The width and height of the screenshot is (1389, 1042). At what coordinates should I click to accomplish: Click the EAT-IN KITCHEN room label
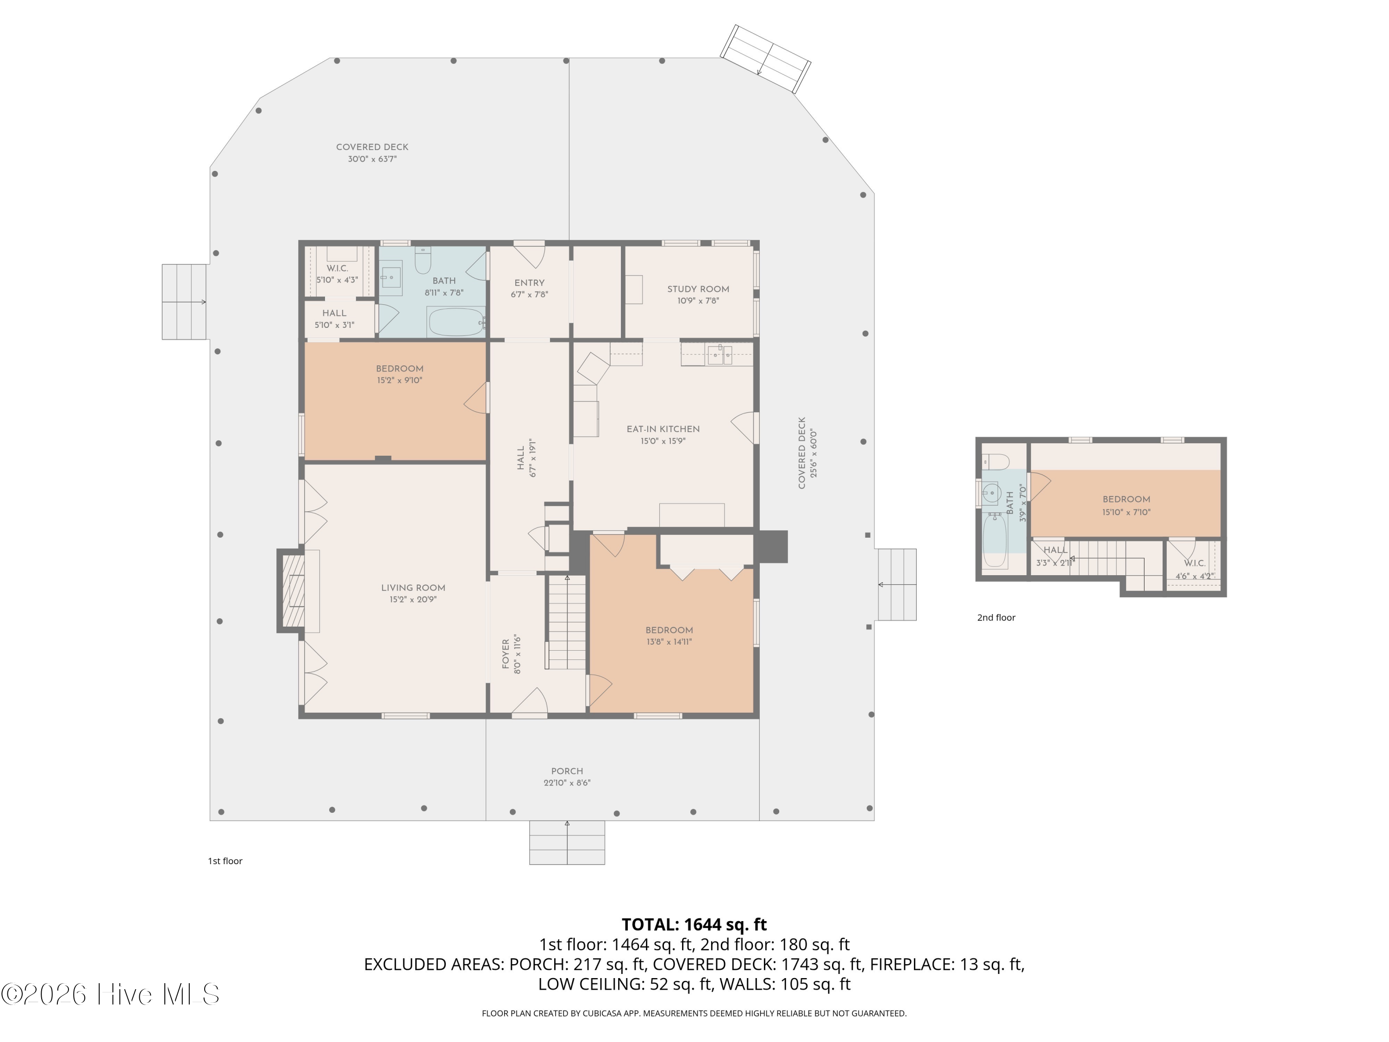coord(663,429)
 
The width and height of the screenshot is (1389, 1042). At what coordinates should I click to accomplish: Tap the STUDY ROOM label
coord(698,289)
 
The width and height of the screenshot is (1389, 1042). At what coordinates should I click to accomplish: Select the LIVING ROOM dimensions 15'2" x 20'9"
coord(413,600)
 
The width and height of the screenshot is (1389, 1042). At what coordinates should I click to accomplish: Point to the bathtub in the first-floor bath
coord(456,321)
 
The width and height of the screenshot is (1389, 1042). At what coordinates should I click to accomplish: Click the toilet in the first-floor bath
coord(423,260)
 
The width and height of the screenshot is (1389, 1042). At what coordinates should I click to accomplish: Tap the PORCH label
coord(567,771)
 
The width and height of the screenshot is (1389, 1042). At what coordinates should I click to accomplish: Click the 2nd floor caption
coord(996,617)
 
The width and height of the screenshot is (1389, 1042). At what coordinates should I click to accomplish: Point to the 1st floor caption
coord(225,861)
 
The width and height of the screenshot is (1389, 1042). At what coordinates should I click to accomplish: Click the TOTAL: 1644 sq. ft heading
coord(694,924)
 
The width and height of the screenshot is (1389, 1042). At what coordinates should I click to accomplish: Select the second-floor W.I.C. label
coord(1195,564)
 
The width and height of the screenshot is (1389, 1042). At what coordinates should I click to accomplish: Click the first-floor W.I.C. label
coord(337,268)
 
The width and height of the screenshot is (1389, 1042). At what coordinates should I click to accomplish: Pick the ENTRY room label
coord(529,282)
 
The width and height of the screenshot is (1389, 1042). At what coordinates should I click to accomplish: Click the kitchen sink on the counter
coord(720,355)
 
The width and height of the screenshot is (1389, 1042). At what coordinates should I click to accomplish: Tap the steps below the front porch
coord(567,843)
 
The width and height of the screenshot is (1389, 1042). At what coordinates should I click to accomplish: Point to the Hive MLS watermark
coord(110,994)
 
